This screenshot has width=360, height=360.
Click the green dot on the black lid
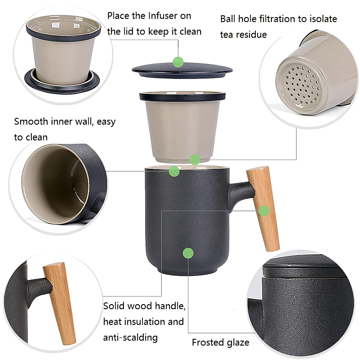point(178,62)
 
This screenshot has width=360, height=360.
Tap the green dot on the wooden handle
point(264,211)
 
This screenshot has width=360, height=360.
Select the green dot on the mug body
point(188,253)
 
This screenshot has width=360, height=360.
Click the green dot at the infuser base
point(195,159)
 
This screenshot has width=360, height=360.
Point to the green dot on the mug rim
point(174,171)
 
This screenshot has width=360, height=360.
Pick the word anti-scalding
point(130,337)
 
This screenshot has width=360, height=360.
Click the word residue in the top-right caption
point(251,35)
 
